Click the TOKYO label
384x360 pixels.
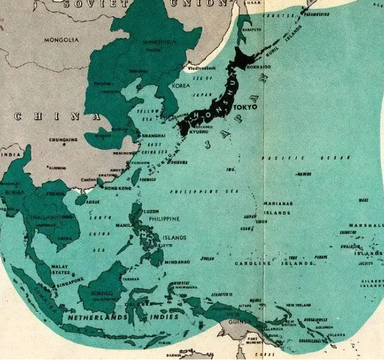click(x=245, y=107)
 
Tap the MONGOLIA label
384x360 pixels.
click(x=62, y=40)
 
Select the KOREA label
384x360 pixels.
click(x=181, y=86)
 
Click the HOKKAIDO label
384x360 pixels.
click(x=258, y=67)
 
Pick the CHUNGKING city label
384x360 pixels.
click(x=63, y=140)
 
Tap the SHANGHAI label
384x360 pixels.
click(x=154, y=136)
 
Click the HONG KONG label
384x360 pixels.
click(x=118, y=188)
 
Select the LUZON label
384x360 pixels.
click(x=151, y=211)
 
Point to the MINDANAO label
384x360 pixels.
click(x=177, y=262)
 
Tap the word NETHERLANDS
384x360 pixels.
click(x=97, y=317)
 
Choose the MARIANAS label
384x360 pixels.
click(x=278, y=204)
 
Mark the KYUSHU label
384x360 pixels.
click(x=199, y=131)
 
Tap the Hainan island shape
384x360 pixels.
click(x=80, y=200)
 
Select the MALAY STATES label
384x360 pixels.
click(x=60, y=269)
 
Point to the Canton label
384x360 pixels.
click(x=88, y=180)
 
